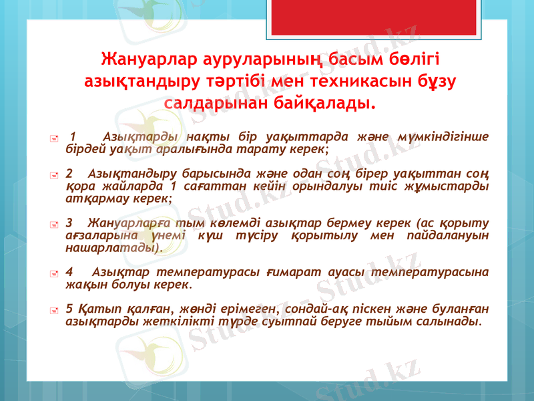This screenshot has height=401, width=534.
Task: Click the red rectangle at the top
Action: click(x=342, y=17)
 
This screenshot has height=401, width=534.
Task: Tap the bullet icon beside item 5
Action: click(x=59, y=310)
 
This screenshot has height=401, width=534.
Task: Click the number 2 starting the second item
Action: click(x=70, y=173)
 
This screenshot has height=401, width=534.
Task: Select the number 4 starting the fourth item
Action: click(x=71, y=273)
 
